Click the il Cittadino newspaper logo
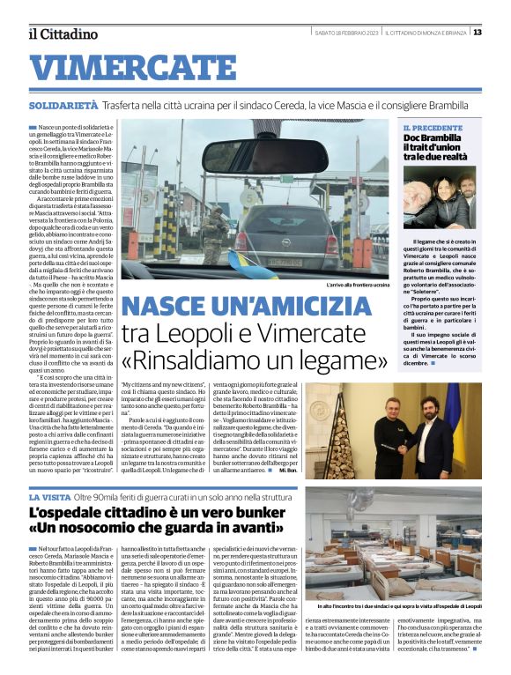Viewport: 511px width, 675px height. (x=62, y=34)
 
